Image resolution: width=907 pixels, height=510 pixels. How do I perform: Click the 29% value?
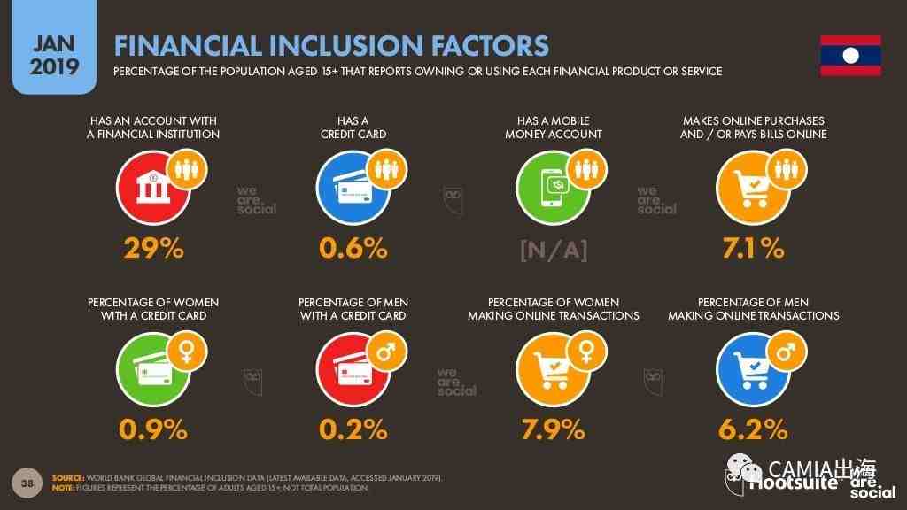(x=153, y=250)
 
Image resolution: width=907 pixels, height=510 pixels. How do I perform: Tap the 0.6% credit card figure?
(x=353, y=250)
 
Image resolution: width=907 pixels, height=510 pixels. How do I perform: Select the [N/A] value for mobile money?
(x=553, y=251)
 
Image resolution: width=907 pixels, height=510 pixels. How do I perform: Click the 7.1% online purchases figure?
(x=753, y=250)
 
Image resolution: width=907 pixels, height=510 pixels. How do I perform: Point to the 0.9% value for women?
(x=153, y=430)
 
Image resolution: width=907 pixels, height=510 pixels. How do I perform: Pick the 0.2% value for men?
(x=353, y=430)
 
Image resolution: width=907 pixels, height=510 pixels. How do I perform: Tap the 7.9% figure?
(x=553, y=430)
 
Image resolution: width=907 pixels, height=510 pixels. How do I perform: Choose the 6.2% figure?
(x=753, y=430)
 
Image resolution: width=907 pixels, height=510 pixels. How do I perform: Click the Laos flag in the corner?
(x=849, y=56)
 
